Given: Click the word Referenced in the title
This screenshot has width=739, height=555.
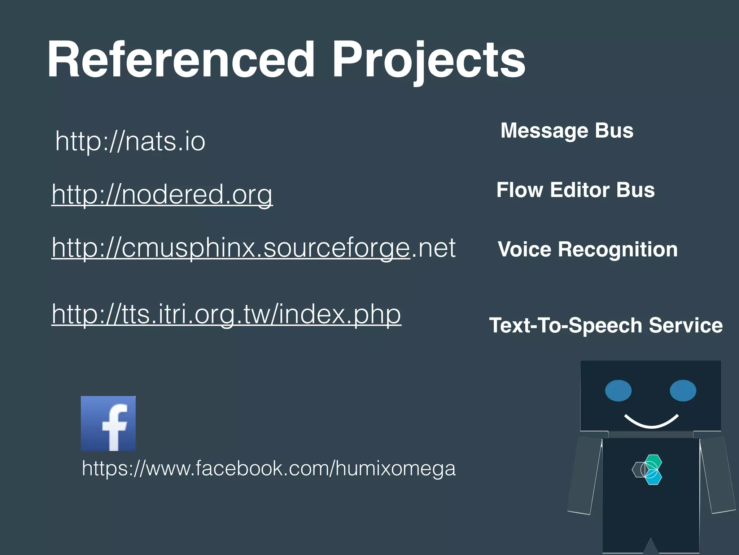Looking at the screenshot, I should (x=180, y=60).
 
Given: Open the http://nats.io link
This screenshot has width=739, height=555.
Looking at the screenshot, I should (x=130, y=141).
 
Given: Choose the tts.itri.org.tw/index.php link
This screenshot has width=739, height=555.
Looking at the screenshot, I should (x=226, y=314).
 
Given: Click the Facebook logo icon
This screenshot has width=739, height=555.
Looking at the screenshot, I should (x=108, y=423).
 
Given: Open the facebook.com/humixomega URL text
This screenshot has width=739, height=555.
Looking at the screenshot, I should (x=269, y=468).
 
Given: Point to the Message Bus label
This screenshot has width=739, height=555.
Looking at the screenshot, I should (x=567, y=130).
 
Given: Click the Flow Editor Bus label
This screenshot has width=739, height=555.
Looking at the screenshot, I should (x=576, y=190).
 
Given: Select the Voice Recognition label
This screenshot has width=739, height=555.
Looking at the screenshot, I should (x=587, y=249).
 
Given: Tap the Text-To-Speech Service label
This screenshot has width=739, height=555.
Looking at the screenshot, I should (x=606, y=325).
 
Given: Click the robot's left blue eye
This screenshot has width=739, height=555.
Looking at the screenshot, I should (x=618, y=391).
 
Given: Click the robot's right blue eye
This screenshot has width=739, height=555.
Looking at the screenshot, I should (x=683, y=391).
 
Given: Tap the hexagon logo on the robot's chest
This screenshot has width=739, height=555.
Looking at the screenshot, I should (x=648, y=469).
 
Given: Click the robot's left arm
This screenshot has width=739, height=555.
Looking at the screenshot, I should (x=585, y=475).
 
